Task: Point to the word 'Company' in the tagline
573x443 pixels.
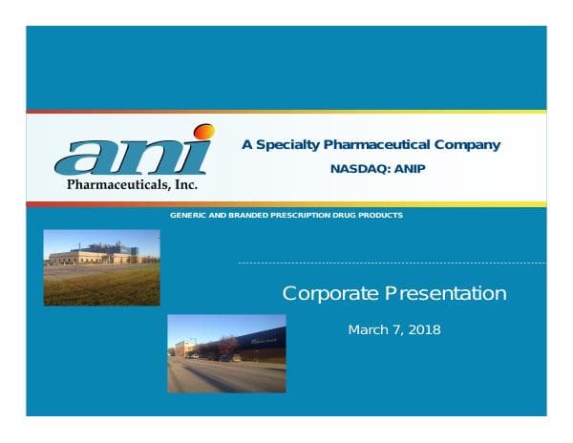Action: point(467,145)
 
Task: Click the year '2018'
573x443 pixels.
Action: point(424,330)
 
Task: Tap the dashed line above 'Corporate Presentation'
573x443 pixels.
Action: point(392,263)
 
